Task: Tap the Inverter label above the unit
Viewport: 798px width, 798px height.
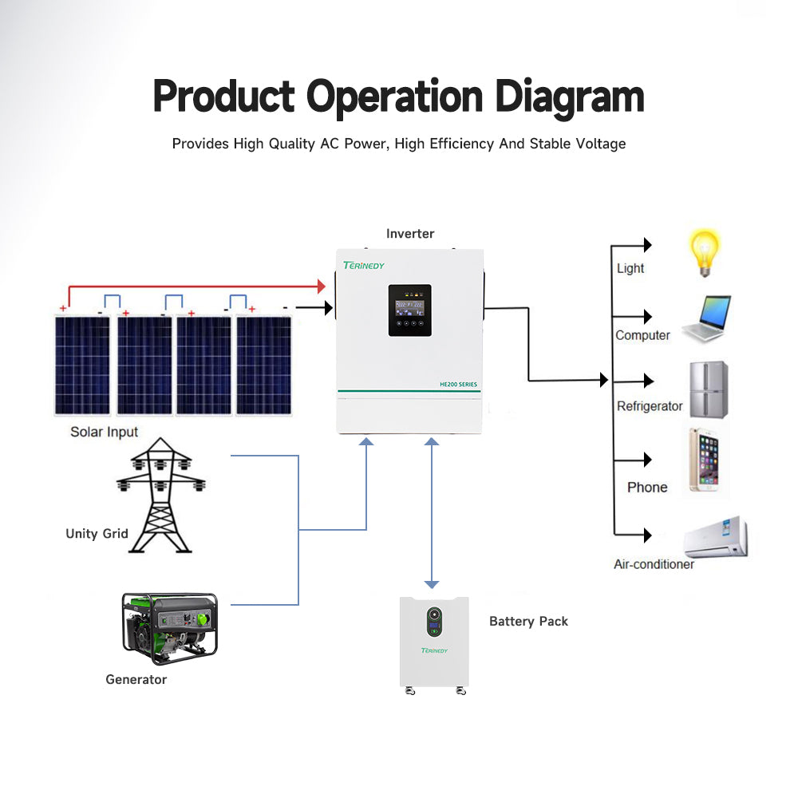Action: point(410,234)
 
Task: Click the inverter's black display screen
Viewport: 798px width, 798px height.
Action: point(410,310)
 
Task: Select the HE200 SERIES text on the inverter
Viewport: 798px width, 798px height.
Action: point(458,385)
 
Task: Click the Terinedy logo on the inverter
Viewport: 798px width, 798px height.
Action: point(364,265)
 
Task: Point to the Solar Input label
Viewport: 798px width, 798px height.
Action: point(104,432)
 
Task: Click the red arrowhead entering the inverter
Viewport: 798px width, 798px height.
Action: point(322,286)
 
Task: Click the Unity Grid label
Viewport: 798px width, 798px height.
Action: point(97,533)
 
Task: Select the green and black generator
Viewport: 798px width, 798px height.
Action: point(169,629)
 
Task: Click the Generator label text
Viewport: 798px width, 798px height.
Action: point(136,679)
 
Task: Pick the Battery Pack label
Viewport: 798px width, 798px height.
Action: point(528,621)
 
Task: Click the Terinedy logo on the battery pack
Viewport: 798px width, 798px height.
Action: point(434,650)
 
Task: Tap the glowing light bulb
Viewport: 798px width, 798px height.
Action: point(705,252)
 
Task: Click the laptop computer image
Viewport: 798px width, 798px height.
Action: point(706,319)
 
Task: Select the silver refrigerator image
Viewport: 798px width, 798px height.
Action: point(708,389)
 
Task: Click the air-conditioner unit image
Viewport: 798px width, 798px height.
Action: point(716,538)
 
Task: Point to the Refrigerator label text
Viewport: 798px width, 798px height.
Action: point(650,406)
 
